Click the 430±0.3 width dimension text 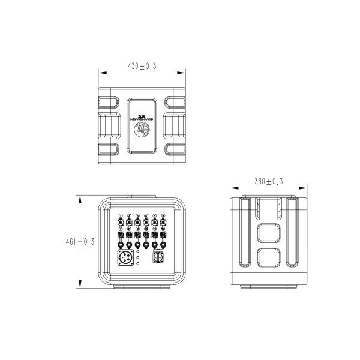pyautogui.click(x=142, y=66)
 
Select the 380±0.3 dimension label pyautogui.click(x=269, y=181)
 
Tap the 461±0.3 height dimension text pyautogui.click(x=80, y=242)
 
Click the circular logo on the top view pyautogui.click(x=142, y=131)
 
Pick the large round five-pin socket pyautogui.click(x=125, y=259)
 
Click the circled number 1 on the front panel pyautogui.click(x=121, y=215)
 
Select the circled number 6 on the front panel pyautogui.click(x=163, y=215)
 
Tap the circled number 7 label pyautogui.click(x=121, y=229)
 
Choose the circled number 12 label pyautogui.click(x=163, y=229)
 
